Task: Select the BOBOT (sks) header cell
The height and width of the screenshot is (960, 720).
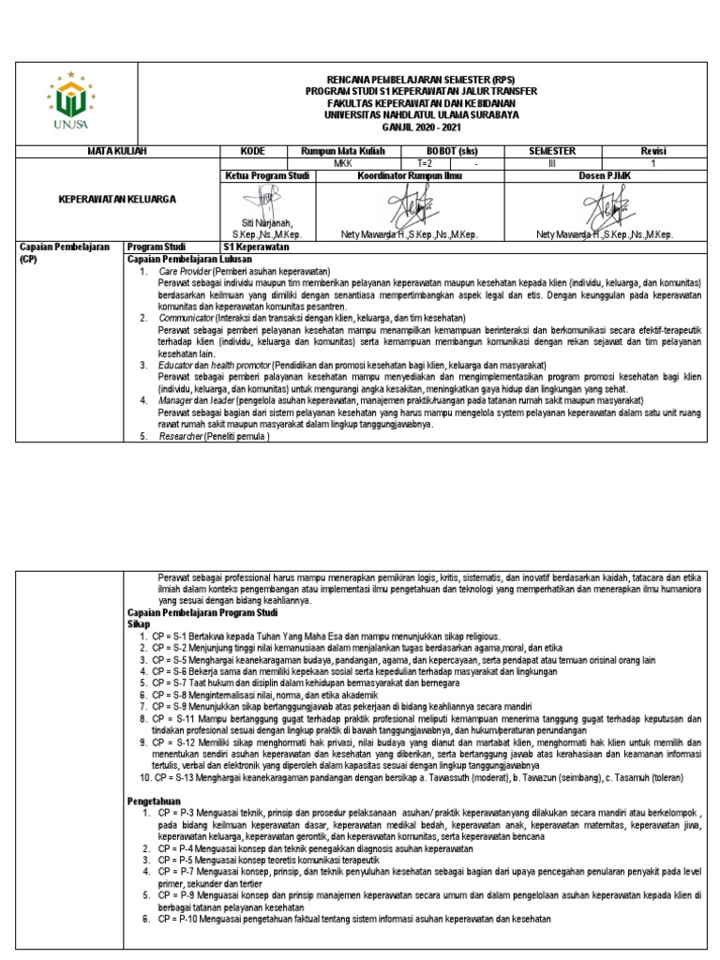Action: click(x=447, y=150)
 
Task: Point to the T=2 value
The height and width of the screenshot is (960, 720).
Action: click(x=426, y=161)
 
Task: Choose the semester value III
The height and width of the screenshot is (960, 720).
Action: click(x=551, y=161)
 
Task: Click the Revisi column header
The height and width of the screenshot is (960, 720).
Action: click(x=652, y=150)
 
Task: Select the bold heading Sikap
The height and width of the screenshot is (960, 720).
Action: click(x=138, y=622)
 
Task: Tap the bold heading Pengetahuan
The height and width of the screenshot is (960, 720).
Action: click(x=153, y=799)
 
